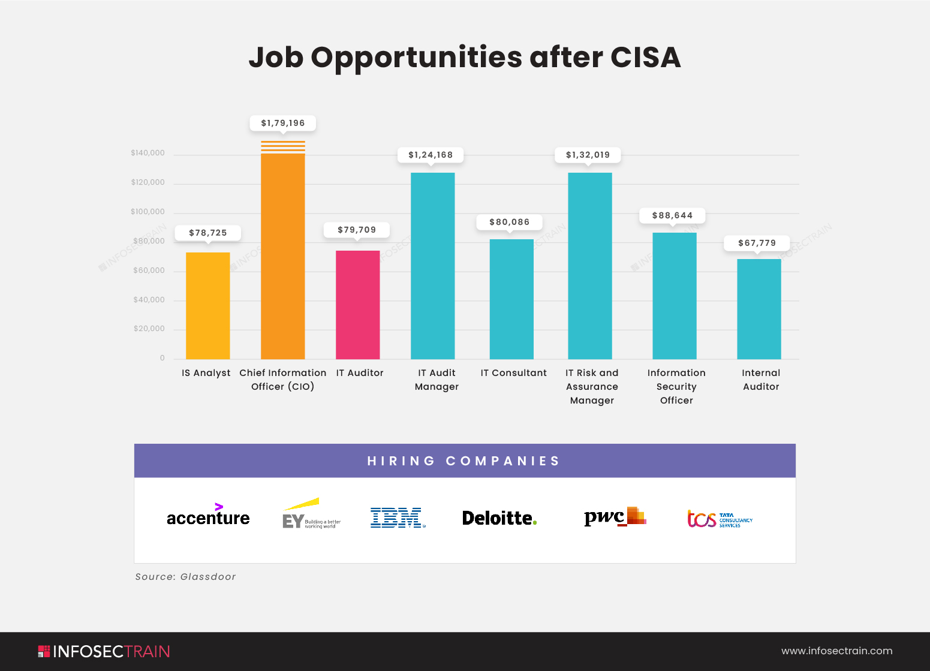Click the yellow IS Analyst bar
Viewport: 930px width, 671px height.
207,306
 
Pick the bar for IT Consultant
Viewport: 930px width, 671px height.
511,299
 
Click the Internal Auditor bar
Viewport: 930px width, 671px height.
759,309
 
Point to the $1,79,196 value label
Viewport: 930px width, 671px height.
282,123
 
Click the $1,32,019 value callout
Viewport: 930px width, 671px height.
588,155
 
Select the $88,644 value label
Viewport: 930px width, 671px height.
672,215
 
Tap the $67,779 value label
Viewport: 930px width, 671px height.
757,243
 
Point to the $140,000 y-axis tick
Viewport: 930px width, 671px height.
148,153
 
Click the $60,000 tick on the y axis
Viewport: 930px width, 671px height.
149,270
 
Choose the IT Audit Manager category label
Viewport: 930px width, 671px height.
437,380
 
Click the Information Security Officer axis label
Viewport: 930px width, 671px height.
676,386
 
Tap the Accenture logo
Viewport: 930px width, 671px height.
208,516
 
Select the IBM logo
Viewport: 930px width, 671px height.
397,517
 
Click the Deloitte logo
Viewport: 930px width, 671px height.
499,518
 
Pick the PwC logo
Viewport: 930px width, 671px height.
615,517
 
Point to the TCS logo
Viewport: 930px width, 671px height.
719,519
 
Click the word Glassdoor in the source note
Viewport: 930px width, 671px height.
208,577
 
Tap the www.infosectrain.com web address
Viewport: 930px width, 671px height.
836,651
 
